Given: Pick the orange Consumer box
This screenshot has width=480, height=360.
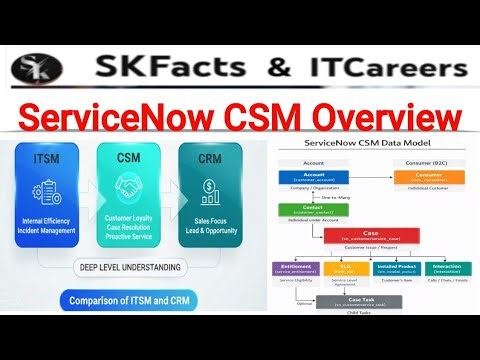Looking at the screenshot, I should coord(424,177).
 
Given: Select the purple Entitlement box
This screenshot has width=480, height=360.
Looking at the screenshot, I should coord(298,268).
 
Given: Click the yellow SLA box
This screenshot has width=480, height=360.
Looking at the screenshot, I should coord(345,268).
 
